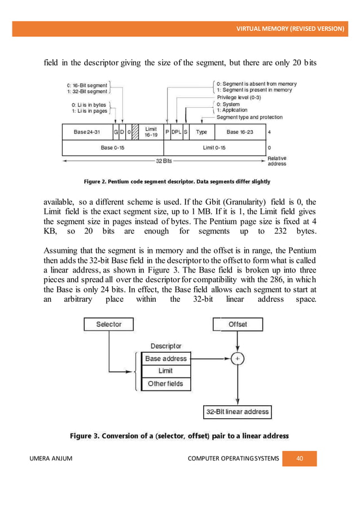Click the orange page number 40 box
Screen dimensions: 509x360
[x=300, y=458]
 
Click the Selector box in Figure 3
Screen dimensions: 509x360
[x=109, y=324]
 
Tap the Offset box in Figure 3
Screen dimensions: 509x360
[x=237, y=324]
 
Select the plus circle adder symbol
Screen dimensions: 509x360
[x=237, y=358]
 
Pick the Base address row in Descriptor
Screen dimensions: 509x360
[x=166, y=358]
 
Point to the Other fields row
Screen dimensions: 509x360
[x=166, y=384]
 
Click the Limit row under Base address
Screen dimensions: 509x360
[x=166, y=371]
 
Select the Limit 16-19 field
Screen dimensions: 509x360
[x=151, y=132]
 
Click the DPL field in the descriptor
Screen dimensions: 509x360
[x=177, y=132]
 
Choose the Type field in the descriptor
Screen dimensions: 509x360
[x=201, y=132]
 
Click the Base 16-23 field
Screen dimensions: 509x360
[x=240, y=132]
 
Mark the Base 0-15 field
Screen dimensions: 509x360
[x=113, y=148]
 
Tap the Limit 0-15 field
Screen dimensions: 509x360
[x=214, y=148]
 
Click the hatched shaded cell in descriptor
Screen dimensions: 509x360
[x=135, y=132]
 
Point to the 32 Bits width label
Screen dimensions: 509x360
[x=164, y=161]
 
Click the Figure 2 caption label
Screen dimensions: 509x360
[x=177, y=182]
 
